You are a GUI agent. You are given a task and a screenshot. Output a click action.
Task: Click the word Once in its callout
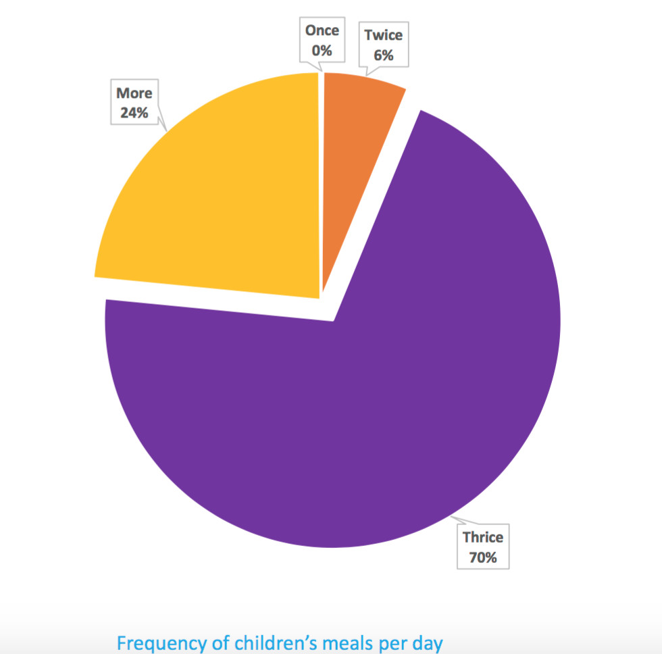point(322,30)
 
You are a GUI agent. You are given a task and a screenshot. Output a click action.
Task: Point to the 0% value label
point(322,49)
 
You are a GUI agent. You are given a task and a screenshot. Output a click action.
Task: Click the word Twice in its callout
point(383,36)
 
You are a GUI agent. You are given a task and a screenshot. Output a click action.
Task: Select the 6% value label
point(383,55)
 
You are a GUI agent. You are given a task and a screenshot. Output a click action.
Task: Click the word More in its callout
point(134,93)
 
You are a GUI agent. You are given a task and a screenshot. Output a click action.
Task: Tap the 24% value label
point(134,113)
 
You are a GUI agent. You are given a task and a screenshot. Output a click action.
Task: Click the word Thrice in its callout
point(482,538)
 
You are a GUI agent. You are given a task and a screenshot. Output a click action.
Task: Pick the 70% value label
point(482,558)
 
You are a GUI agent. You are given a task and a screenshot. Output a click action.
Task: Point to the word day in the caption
point(428,643)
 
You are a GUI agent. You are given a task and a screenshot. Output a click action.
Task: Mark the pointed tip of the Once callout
point(320,70)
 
